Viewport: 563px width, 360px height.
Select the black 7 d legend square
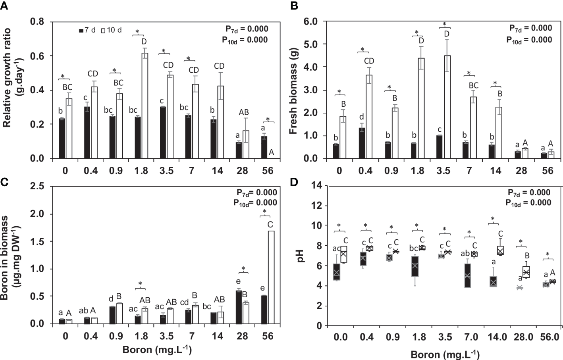[81, 31]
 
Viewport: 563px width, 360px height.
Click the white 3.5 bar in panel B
[447, 107]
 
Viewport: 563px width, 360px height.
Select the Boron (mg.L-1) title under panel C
[157, 350]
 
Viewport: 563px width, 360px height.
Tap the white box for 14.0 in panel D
[500, 250]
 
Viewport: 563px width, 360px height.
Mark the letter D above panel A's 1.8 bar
[144, 42]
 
